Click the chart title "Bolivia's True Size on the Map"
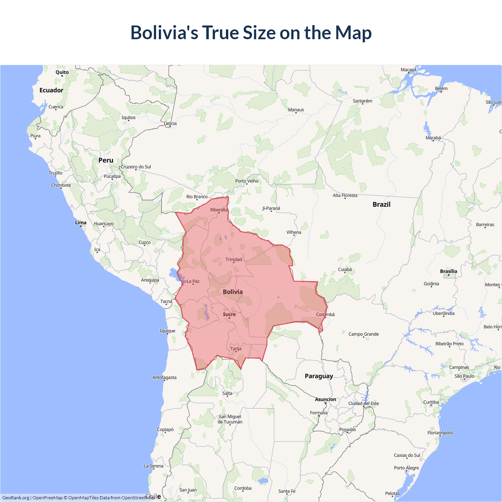251,33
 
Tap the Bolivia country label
233,292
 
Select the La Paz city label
193,281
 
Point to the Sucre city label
229,314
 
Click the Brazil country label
381,204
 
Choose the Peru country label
106,160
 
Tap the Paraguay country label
319,376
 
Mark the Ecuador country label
51,90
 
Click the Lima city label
81,223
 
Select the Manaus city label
296,110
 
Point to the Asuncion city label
326,399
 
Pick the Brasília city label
449,271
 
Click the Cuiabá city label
345,269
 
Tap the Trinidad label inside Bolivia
234,260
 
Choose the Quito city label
62,72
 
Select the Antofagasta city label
164,378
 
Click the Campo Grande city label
364,334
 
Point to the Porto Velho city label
247,181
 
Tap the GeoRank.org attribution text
16,498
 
